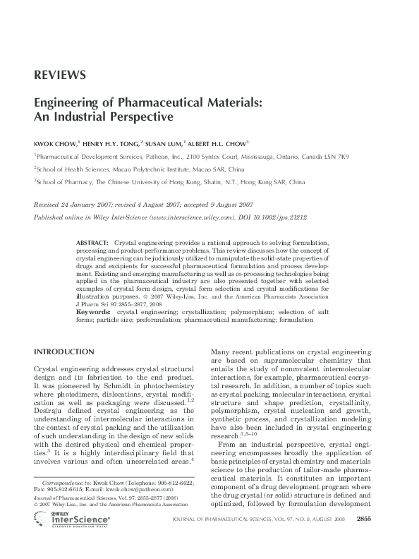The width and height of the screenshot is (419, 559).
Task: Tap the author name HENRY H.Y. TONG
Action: click(x=113, y=141)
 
